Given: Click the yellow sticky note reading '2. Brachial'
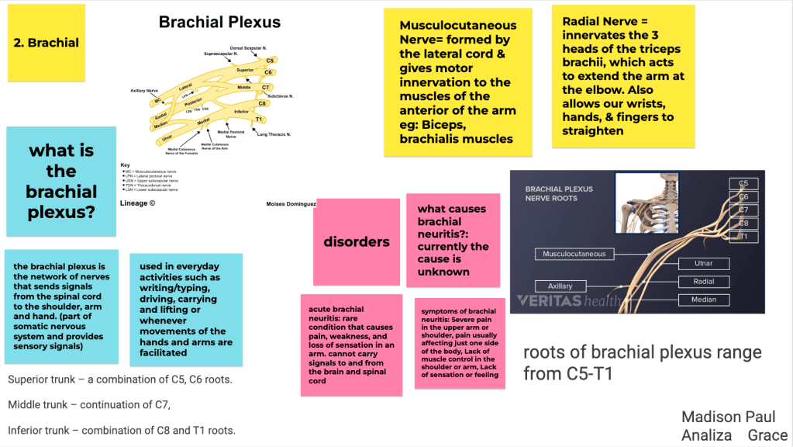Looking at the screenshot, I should pos(46,43).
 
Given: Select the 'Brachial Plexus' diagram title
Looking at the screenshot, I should pos(219,23).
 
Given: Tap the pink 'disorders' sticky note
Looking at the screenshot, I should pos(356,241).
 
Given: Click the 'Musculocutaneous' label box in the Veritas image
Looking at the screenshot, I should pos(574,254).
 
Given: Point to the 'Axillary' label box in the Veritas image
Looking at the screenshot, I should pos(560,286).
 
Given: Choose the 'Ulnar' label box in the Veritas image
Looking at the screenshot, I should pos(703,264).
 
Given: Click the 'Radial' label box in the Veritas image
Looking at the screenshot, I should pos(703,282).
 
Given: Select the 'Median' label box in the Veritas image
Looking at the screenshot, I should pos(703,300).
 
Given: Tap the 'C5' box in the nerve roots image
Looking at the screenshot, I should pos(743,184).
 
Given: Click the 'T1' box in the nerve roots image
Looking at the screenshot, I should pos(743,237).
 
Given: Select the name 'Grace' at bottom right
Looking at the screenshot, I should pos(767,435).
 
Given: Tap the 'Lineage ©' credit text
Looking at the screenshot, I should pos(138,203).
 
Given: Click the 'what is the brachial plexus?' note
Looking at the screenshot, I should pos(61,181).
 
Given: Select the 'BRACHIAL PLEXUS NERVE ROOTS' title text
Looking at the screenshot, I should pos(559,193).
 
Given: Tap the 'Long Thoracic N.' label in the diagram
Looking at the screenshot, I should pos(273,134).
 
